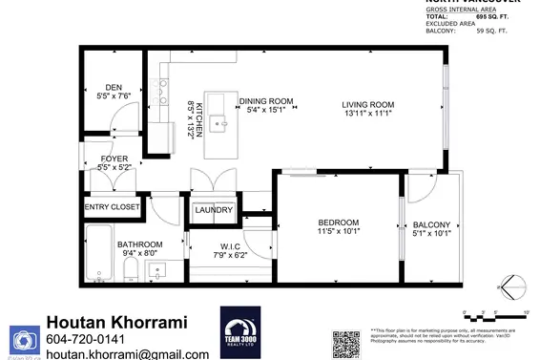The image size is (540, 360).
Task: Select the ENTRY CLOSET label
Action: pos(113,206)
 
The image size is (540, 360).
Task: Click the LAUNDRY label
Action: pos(213,210)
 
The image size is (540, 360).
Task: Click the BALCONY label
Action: pos(431,224)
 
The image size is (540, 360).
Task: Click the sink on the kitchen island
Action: pos(221,121)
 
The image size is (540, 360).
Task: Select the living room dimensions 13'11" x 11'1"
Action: pos(368,115)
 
